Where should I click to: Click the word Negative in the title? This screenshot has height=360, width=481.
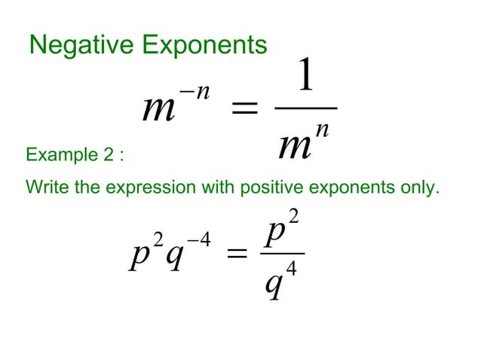(72, 45)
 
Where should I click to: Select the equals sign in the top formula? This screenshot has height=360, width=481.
(243, 110)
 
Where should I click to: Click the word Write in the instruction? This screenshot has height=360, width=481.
(43, 186)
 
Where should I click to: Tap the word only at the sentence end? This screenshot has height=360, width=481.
(419, 186)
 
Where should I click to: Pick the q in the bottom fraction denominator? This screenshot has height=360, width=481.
(275, 285)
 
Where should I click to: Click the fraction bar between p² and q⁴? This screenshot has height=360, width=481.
(282, 254)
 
